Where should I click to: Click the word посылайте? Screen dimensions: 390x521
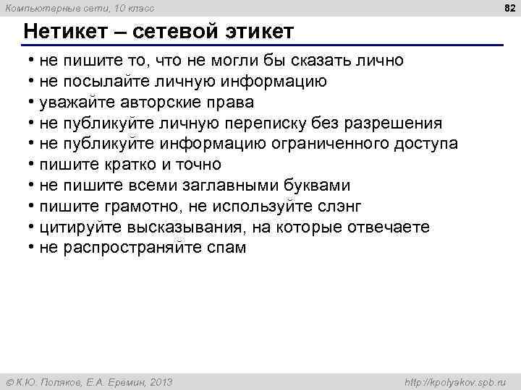[x=109, y=81]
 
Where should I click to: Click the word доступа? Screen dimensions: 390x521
[x=426, y=144]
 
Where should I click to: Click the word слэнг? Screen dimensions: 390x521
[x=339, y=207]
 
